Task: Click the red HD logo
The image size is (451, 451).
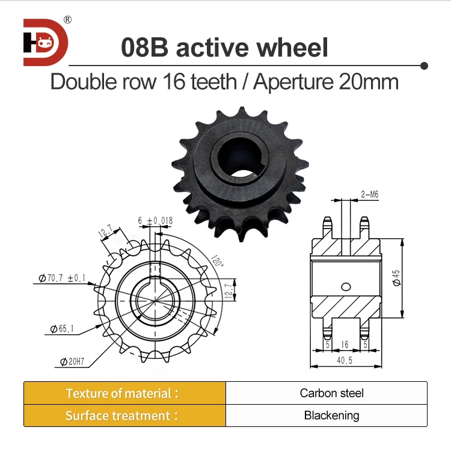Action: click(x=46, y=42)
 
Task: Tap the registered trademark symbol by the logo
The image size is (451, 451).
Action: click(x=67, y=19)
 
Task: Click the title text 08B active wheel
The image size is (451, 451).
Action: click(x=225, y=47)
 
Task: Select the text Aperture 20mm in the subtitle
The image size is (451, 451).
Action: click(x=326, y=81)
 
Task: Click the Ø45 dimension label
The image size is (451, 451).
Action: click(x=396, y=277)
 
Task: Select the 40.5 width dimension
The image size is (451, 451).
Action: click(x=345, y=361)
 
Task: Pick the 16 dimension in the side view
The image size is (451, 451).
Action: click(x=345, y=345)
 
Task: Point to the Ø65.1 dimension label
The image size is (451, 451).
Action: click(x=59, y=329)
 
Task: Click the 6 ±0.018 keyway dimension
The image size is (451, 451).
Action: click(x=155, y=221)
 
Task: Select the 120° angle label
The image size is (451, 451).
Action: click(x=216, y=262)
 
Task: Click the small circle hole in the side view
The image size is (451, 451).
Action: click(x=345, y=286)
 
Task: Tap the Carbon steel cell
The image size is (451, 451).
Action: click(x=331, y=393)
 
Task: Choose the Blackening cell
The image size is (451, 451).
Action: click(x=331, y=416)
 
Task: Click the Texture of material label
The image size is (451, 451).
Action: click(x=122, y=393)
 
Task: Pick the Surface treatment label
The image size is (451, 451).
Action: click(x=122, y=416)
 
